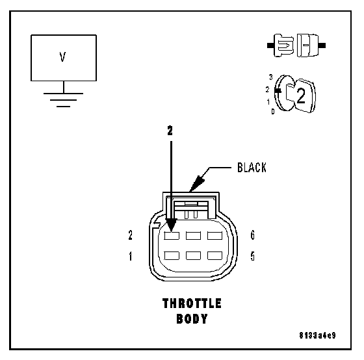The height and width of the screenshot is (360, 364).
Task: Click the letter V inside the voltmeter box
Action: click(62, 57)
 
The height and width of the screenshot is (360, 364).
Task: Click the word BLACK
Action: click(252, 168)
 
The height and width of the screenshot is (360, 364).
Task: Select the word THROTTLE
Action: click(192, 303)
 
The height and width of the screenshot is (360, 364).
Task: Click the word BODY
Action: click(192, 318)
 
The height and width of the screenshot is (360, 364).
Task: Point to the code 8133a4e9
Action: click(317, 335)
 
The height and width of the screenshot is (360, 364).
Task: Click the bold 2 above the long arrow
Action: click(170, 131)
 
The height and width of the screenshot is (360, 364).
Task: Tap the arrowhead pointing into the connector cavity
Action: click(172, 225)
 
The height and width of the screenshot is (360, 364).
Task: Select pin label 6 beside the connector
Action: click(253, 235)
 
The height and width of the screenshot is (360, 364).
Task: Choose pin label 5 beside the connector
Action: click(253, 256)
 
